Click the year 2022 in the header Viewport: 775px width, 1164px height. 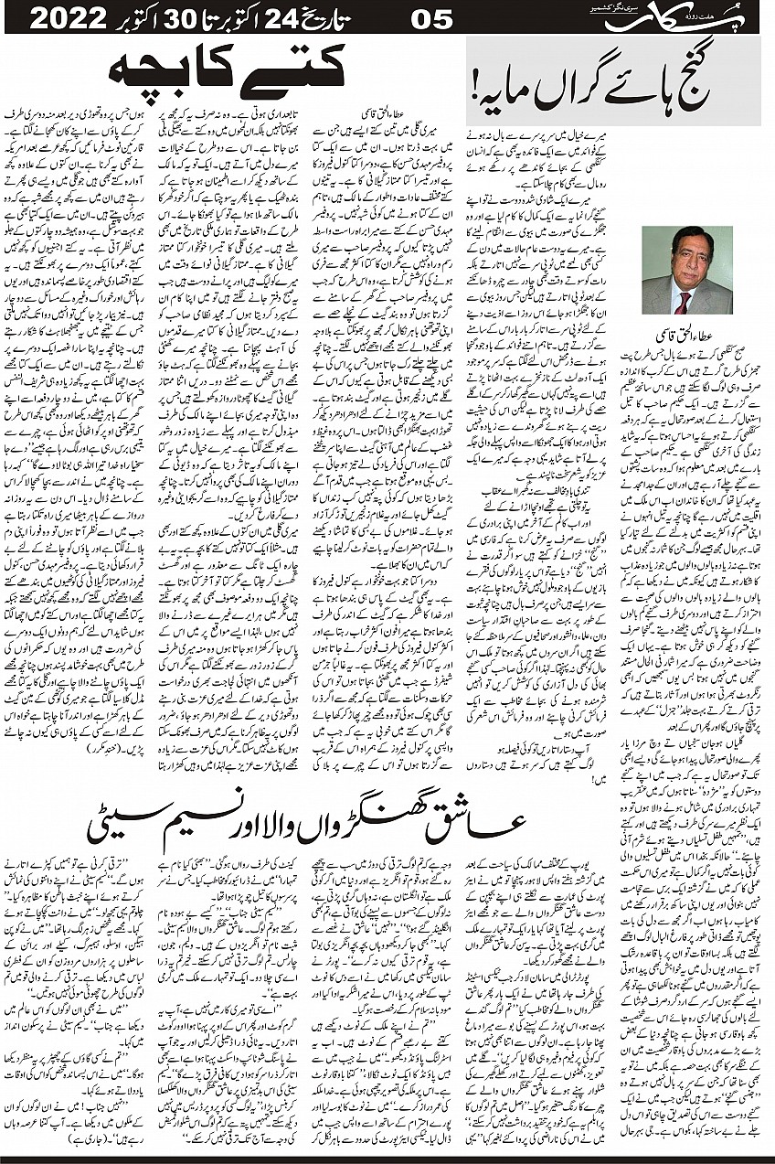(x=69, y=18)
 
